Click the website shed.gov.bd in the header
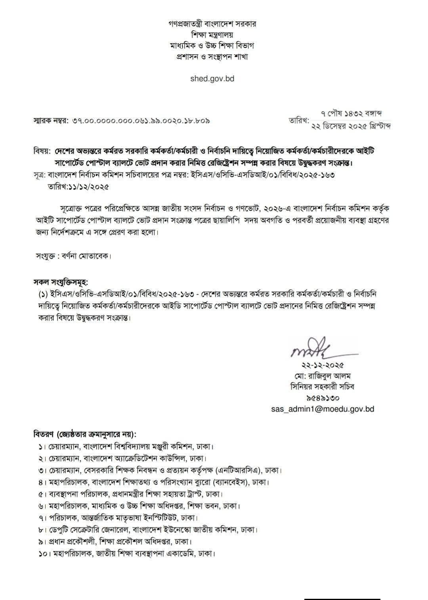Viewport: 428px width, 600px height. pos(212,78)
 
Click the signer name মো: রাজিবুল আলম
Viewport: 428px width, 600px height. pos(321,376)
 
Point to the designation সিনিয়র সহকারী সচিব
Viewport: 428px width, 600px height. pos(322,387)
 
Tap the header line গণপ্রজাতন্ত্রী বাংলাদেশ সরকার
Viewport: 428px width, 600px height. pos(212,24)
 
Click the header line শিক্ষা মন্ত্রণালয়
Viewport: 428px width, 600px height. pos(212,34)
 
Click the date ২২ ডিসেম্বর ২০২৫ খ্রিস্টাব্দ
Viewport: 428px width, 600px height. pos(351,126)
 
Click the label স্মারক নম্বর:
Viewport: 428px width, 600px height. pos(51,120)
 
